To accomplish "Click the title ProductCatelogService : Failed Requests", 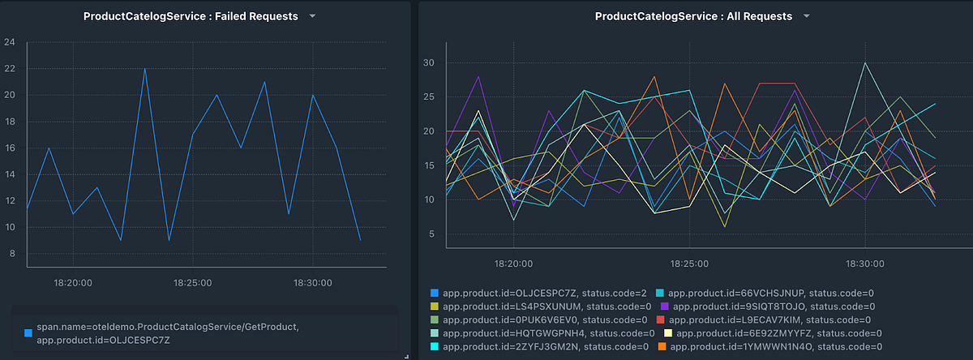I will tap(191, 16).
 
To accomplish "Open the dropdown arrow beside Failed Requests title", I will tap(313, 16).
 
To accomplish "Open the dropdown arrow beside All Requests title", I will tap(806, 16).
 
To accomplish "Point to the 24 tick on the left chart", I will tap(10, 42).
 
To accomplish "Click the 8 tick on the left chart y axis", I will tap(10, 254).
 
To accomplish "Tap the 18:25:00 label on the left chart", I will tap(192, 283).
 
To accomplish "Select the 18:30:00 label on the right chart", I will tap(866, 264).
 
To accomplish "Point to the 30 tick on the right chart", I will tap(430, 63).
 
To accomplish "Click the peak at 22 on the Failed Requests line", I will tap(144, 68).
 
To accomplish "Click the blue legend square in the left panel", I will tap(28, 332).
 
